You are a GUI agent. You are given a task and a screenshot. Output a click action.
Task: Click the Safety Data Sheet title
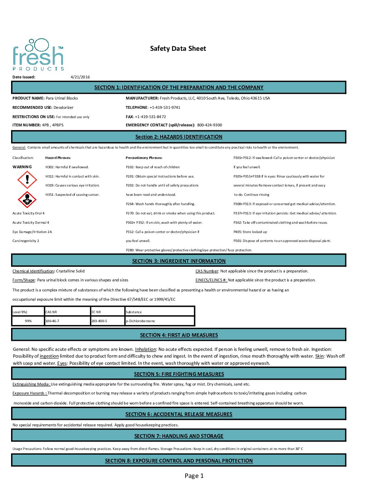[x=178, y=49]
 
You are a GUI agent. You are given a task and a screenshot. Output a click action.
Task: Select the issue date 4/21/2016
[x=80, y=77]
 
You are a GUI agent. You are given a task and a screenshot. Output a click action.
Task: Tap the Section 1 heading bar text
[x=179, y=87]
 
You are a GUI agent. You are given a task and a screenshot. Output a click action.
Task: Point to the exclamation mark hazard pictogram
[x=27, y=179]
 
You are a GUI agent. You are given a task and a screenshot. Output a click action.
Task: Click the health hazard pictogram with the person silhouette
[x=27, y=199]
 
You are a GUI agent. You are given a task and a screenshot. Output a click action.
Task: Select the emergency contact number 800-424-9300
[x=210, y=125]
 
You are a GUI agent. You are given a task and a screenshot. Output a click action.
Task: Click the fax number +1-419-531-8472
[x=150, y=117]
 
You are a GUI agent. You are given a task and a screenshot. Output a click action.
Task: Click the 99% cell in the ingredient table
[x=28, y=321]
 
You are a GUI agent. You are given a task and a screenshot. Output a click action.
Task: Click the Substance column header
[x=134, y=312]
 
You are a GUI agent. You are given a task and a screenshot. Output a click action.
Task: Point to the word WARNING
[x=22, y=167]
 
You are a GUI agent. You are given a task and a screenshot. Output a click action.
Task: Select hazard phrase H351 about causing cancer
[x=72, y=195]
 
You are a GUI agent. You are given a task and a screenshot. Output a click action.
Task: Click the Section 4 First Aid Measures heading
[x=179, y=335]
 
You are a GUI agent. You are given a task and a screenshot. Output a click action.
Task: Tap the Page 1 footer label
[x=194, y=476]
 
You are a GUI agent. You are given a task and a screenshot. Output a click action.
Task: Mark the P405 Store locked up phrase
[x=250, y=232]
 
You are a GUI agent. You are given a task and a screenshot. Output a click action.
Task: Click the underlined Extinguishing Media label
[x=31, y=384]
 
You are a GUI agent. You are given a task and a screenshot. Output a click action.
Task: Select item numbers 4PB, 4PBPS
[x=53, y=125]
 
